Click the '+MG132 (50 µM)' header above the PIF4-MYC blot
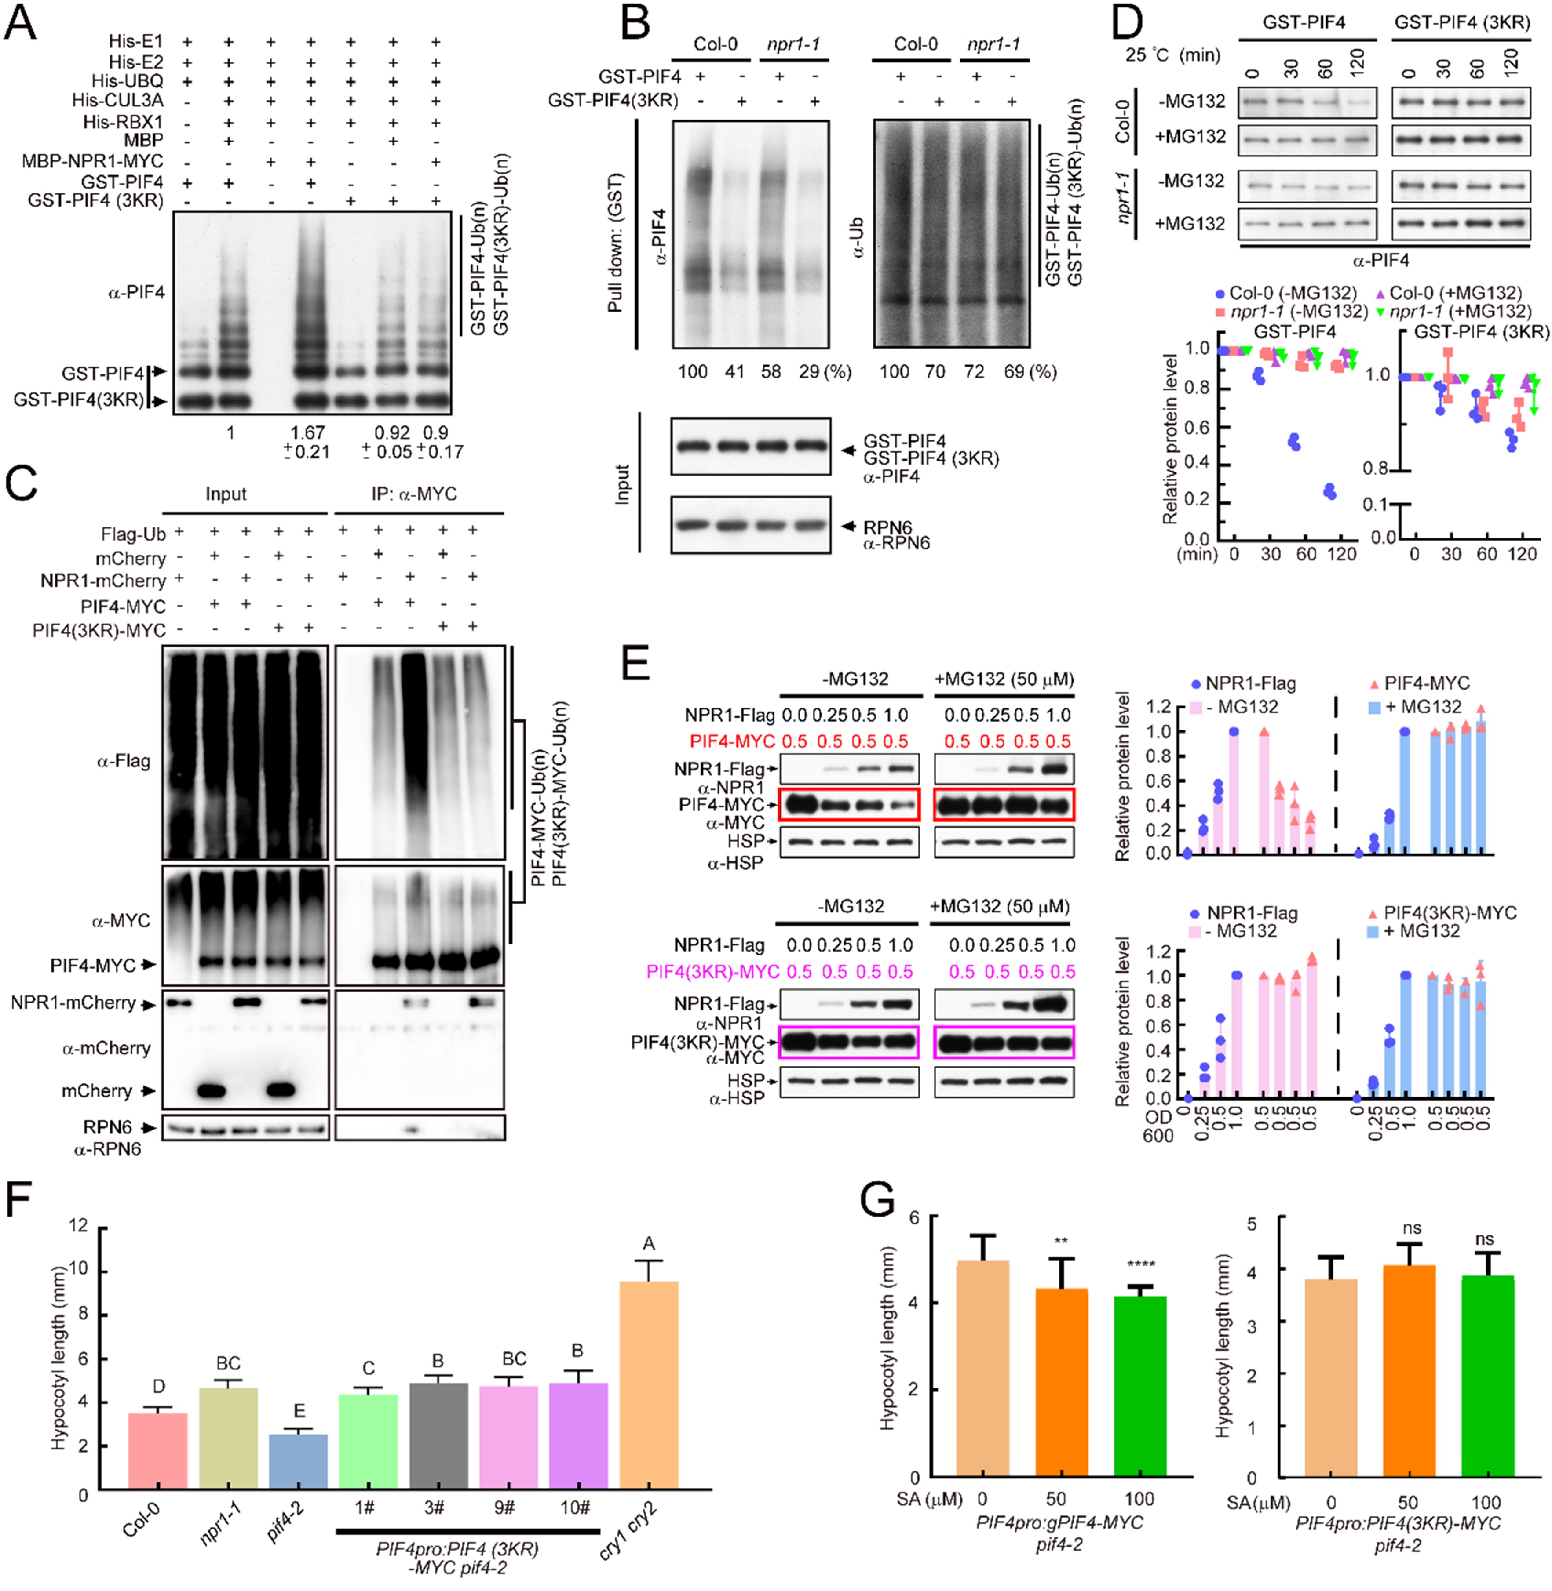click(x=1004, y=679)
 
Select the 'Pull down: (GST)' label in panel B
click(x=616, y=242)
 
